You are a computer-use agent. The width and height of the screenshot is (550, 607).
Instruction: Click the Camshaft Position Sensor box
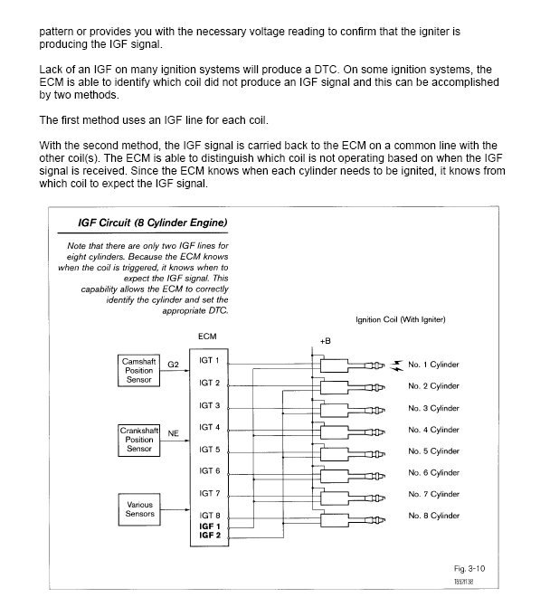point(138,370)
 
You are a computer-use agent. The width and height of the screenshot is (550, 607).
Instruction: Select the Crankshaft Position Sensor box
point(138,439)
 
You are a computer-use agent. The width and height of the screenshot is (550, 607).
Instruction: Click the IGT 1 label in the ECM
point(210,361)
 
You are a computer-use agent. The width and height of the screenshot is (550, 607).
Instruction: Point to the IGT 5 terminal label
point(210,449)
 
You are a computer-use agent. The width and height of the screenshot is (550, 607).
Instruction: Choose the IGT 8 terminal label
point(210,515)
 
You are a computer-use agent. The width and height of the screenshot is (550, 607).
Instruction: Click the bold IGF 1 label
point(210,526)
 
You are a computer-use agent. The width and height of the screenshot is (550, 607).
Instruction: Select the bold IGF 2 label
point(210,536)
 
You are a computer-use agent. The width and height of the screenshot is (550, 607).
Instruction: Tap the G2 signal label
point(172,364)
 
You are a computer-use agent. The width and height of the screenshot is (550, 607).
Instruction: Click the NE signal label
point(172,432)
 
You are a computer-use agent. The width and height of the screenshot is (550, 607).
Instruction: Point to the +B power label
point(326,342)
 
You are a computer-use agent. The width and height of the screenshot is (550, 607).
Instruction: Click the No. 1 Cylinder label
point(433,365)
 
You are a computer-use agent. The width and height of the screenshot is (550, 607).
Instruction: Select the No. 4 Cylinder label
point(433,430)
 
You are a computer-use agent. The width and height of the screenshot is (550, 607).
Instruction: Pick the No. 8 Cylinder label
point(433,516)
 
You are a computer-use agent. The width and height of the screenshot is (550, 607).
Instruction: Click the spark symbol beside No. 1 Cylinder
point(395,365)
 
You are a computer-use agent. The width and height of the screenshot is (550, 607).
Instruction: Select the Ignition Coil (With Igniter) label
point(400,318)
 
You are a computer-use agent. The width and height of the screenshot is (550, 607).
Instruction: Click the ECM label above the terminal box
point(206,337)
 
